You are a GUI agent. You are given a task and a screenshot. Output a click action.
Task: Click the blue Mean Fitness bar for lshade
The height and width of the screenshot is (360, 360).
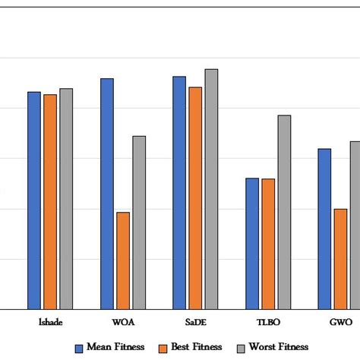point(34,201)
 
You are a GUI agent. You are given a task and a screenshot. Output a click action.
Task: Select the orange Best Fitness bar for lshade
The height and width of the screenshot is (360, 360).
point(50,202)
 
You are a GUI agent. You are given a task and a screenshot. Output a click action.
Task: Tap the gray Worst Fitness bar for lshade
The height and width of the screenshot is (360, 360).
point(66,199)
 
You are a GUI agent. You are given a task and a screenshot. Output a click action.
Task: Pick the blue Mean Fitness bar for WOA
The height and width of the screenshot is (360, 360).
point(107,194)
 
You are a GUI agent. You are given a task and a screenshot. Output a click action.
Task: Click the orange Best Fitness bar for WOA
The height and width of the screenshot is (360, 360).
point(123,261)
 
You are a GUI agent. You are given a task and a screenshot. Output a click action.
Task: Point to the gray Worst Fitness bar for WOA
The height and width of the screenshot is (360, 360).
point(139,223)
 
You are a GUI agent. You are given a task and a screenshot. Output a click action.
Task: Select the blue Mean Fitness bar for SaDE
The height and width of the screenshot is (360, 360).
point(179,193)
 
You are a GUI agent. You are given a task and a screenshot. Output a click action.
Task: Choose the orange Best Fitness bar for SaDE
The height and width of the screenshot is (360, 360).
point(195,198)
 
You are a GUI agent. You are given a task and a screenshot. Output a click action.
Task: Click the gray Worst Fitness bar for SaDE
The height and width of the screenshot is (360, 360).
point(211,189)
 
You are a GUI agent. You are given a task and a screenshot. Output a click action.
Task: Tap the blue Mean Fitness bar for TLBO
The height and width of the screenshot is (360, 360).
point(252,244)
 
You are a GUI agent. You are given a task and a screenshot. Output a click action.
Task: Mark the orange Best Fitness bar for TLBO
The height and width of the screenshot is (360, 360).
point(268,244)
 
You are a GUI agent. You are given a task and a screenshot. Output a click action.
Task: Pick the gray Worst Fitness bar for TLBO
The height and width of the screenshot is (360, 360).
point(284,212)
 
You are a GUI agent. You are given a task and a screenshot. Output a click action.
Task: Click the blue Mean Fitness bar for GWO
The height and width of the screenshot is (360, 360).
point(324,229)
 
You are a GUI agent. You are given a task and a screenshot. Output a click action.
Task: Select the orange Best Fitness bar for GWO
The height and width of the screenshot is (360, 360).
point(340,259)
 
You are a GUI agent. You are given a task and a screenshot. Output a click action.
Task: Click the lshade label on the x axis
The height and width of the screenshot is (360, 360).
point(50,322)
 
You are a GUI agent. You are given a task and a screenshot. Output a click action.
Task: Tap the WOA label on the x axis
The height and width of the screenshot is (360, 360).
point(123,322)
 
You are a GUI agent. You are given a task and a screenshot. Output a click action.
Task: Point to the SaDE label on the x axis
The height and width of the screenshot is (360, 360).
point(195,322)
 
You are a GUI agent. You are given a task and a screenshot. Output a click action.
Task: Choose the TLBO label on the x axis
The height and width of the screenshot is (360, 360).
point(268,322)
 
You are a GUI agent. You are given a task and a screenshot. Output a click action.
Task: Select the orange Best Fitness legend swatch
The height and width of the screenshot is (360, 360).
point(163,348)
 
